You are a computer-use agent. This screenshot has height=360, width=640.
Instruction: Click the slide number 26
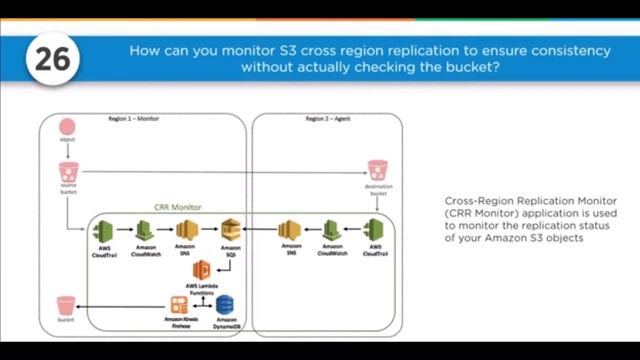tap(52, 58)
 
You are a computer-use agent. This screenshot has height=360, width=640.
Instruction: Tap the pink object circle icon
tap(67, 128)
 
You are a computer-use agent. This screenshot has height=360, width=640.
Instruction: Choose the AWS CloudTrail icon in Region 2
tap(374, 230)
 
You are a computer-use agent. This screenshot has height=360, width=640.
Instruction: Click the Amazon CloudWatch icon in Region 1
tap(146, 230)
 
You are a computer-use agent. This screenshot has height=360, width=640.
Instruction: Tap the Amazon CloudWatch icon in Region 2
tap(333, 230)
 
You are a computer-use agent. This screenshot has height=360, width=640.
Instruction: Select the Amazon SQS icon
tap(231, 229)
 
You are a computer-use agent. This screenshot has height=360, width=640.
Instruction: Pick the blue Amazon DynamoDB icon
tap(225, 304)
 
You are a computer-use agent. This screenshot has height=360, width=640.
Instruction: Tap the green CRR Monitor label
tap(178, 207)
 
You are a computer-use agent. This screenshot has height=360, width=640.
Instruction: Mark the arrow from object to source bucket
tap(67, 150)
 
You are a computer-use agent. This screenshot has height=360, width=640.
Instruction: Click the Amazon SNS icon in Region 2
tap(291, 230)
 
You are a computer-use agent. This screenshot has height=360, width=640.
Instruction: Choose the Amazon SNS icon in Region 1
tap(186, 230)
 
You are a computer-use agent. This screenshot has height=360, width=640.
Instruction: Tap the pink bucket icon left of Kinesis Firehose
tap(66, 305)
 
